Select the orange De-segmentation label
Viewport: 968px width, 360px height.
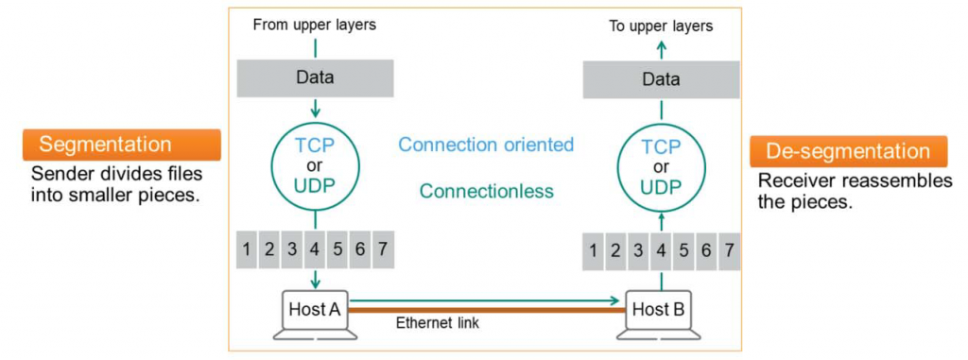pyautogui.click(x=848, y=151)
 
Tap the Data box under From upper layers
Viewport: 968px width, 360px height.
pyautogui.click(x=315, y=77)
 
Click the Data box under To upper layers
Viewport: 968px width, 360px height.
pyautogui.click(x=661, y=80)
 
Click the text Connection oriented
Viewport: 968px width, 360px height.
pyautogui.click(x=486, y=145)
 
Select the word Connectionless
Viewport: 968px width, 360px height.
pyautogui.click(x=486, y=191)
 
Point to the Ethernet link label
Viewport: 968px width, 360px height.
pyautogui.click(x=438, y=323)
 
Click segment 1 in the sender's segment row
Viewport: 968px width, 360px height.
pyautogui.click(x=247, y=249)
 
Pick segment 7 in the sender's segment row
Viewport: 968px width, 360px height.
pyautogui.click(x=383, y=249)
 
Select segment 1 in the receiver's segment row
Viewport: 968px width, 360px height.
pyautogui.click(x=593, y=252)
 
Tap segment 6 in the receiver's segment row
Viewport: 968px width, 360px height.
pyautogui.click(x=706, y=252)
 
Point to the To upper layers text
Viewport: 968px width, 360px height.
pyautogui.click(x=661, y=26)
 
